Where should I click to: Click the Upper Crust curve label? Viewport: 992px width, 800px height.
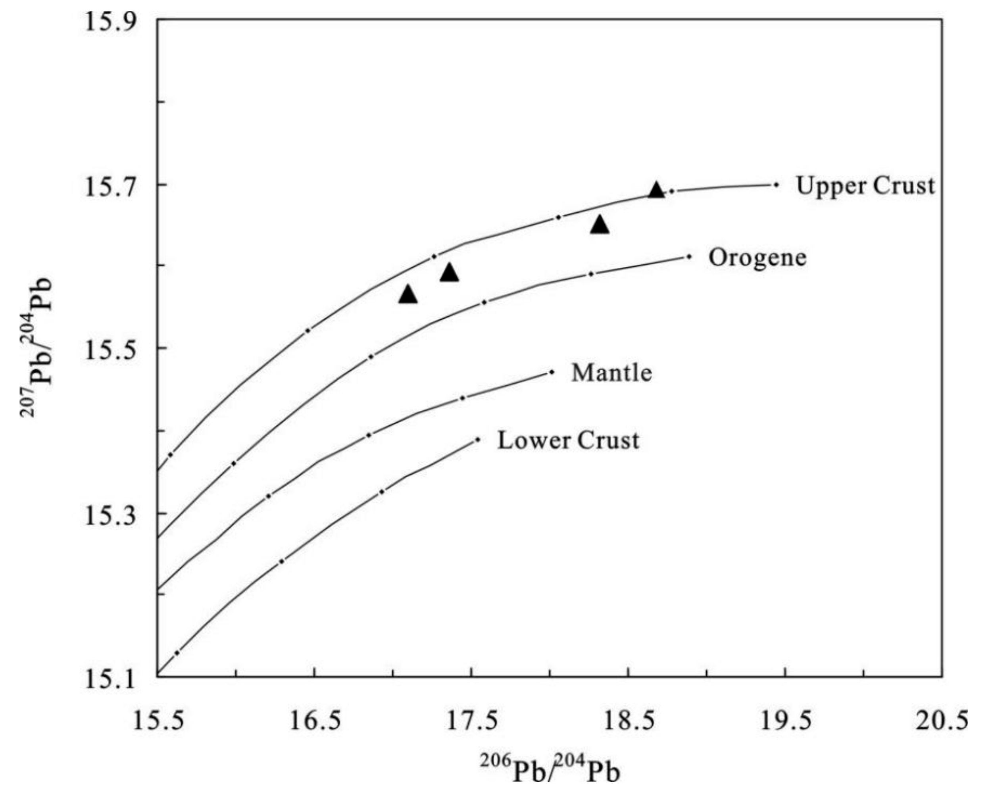tap(866, 186)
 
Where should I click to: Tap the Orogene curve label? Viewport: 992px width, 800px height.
tap(757, 258)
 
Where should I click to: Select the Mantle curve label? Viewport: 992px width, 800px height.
tap(612, 373)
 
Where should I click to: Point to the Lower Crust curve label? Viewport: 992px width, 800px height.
tap(568, 440)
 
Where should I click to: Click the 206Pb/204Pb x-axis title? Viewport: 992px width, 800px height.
tap(550, 771)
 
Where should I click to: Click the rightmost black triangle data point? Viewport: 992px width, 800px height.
tap(657, 190)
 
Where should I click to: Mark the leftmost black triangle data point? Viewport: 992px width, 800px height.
tap(408, 294)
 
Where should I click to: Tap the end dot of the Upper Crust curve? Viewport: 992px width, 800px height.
tap(777, 185)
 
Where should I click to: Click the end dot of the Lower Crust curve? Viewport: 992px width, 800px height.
tap(478, 439)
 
